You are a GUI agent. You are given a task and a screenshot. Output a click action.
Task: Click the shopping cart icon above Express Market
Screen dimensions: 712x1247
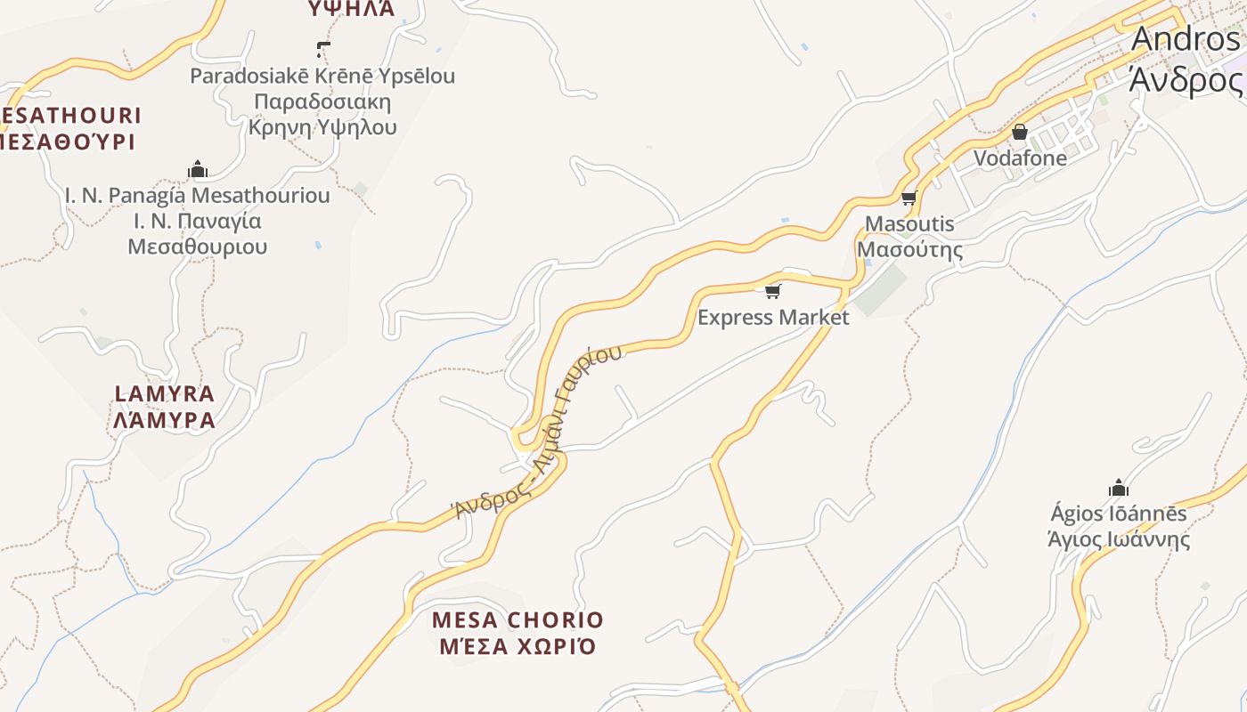pos(772,291)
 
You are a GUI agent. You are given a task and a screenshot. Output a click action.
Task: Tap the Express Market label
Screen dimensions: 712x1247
pos(773,317)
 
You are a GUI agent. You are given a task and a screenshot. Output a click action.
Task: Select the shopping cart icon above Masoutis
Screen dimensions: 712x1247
pos(909,198)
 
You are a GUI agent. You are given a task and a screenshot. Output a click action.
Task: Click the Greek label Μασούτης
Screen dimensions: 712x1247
pos(909,249)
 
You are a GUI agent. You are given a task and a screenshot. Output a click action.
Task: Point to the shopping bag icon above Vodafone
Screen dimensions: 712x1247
pos(1020,133)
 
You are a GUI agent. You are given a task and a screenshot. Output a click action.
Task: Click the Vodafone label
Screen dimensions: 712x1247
pos(1020,158)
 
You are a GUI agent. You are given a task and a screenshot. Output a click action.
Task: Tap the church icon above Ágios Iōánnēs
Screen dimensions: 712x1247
pos(1119,488)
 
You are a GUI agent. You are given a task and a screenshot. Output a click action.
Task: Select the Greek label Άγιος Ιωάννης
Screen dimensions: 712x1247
pos(1119,539)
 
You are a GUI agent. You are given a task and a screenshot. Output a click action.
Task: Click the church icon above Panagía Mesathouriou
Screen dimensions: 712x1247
pos(198,169)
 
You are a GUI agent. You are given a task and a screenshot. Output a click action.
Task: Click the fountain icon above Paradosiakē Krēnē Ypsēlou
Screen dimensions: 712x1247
pos(323,50)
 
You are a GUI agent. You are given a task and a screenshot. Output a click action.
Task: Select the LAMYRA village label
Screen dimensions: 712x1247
pos(165,393)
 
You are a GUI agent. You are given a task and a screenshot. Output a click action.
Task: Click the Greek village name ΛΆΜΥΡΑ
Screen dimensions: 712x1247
pos(165,420)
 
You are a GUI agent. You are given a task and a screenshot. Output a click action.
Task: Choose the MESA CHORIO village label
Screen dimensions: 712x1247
pos(518,619)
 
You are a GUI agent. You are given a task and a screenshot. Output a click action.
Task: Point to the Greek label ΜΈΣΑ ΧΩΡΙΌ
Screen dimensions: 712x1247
pos(518,646)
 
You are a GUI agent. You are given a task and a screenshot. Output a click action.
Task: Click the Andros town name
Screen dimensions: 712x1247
pos(1186,40)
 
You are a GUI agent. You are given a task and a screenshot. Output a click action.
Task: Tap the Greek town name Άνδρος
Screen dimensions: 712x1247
pos(1186,79)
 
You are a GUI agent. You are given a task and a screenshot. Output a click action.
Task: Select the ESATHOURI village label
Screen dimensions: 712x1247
pos(71,115)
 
